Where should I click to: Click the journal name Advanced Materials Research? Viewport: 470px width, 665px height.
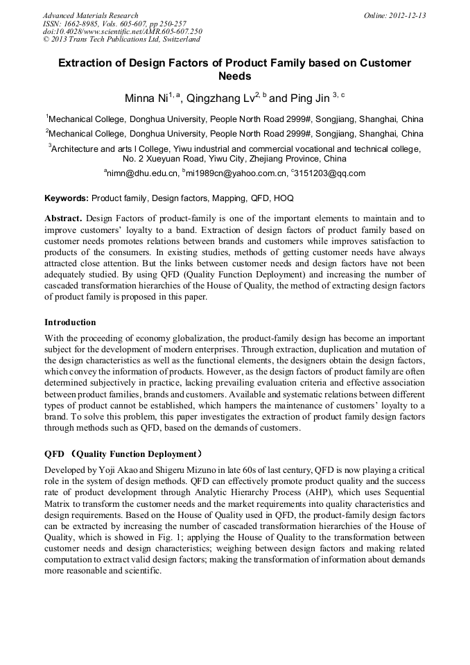pyautogui.click(x=90, y=15)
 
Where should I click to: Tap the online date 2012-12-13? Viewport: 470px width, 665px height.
pyautogui.click(x=407, y=15)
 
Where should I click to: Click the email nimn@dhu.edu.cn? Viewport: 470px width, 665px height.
pyautogui.click(x=141, y=173)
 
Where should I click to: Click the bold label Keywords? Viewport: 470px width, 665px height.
pyautogui.click(x=67, y=198)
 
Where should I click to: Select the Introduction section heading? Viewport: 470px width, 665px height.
pyautogui.click(x=70, y=322)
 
